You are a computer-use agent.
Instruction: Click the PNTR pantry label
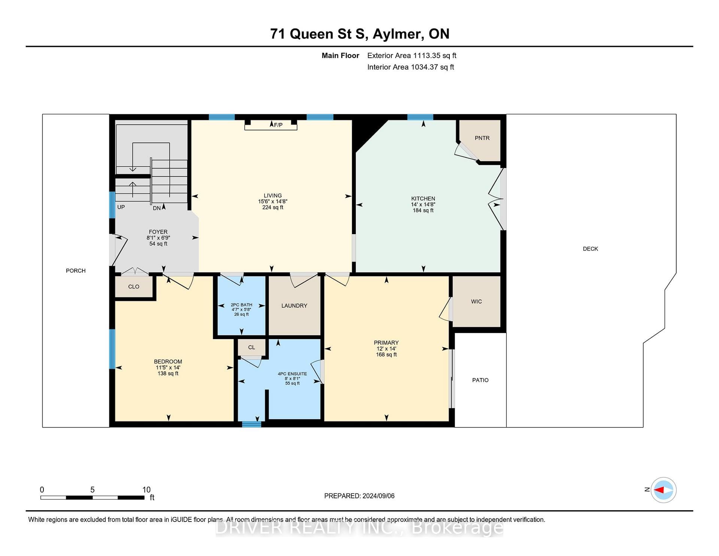tap(482, 138)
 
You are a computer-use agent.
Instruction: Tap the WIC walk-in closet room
tap(476, 302)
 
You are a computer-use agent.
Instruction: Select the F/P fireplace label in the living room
tap(278, 125)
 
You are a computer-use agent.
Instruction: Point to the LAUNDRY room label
tap(294, 306)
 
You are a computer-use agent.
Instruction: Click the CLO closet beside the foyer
tap(134, 287)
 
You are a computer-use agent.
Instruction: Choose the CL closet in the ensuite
tap(252, 347)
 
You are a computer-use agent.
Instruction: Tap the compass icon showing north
tap(663, 490)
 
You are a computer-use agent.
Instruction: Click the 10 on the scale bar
tap(146, 490)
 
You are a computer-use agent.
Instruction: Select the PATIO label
tap(480, 380)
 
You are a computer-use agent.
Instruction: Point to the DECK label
tap(591, 249)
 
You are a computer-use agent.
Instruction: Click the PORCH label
tap(76, 271)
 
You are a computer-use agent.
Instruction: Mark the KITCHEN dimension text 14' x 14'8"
tap(423, 205)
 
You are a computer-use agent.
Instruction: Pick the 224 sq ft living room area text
tap(273, 207)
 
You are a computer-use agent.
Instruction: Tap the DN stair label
tap(157, 208)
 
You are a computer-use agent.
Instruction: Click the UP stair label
tap(121, 207)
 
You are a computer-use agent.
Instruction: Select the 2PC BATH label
tap(242, 305)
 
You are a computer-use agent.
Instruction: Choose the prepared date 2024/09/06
tap(379, 496)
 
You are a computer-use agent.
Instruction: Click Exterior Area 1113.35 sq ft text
tap(412, 55)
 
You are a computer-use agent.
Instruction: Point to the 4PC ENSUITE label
tap(292, 374)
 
